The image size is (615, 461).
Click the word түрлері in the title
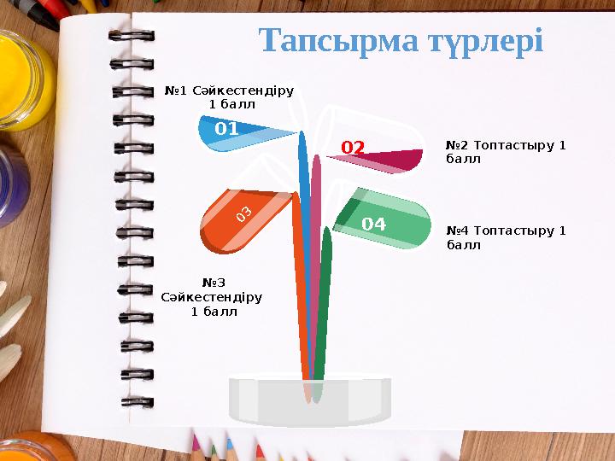click(x=484, y=41)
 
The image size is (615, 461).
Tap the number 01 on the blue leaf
click(x=226, y=129)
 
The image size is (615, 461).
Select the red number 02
click(x=353, y=149)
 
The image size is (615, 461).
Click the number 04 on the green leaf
click(x=373, y=225)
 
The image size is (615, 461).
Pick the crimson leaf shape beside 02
click(x=393, y=159)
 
